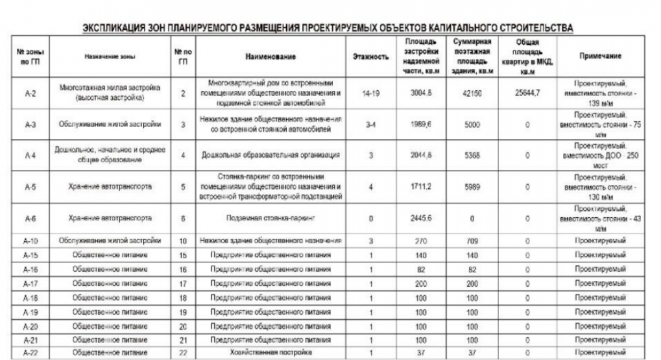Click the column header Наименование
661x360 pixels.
[270, 56]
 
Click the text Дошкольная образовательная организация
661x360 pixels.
[270, 156]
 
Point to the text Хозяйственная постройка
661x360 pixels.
[270, 352]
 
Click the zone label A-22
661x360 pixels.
[28, 352]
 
